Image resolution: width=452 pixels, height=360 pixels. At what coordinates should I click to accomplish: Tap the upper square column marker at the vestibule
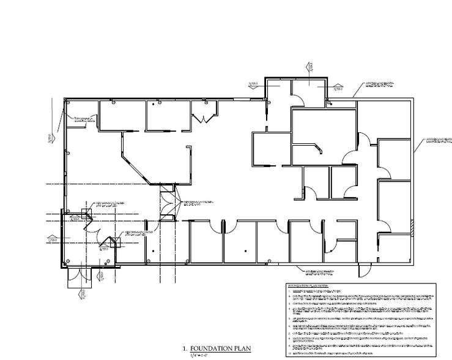87,213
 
